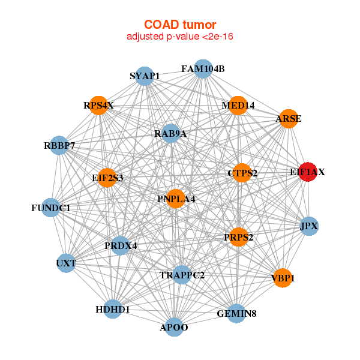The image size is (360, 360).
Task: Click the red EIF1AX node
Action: (307, 172)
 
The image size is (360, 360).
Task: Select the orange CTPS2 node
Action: (241, 173)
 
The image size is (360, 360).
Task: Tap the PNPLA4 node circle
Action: (175, 199)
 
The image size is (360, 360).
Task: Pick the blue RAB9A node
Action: (171, 133)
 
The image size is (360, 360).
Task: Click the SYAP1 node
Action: (145, 76)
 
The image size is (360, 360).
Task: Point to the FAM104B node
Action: (203, 69)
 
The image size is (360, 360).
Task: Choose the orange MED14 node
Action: (238, 106)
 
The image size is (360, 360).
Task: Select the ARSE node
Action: (288, 119)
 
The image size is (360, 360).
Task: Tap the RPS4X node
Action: (98, 106)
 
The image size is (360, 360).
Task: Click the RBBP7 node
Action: (59, 145)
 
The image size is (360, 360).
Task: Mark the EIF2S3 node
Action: (107, 178)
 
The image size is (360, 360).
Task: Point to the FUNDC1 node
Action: (51, 208)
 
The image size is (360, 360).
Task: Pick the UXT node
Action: (66, 263)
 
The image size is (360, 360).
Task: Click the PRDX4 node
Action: (121, 245)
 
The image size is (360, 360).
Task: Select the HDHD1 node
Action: (113, 309)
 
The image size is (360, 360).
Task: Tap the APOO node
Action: (174, 327)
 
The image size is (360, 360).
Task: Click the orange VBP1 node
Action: (283, 278)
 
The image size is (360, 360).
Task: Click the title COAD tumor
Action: (179, 24)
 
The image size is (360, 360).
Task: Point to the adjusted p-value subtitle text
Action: (179, 37)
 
